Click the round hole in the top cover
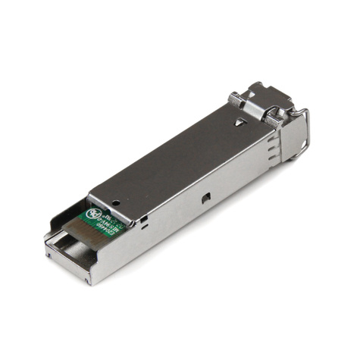(x=115, y=202)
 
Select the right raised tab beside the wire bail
(x=271, y=116)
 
